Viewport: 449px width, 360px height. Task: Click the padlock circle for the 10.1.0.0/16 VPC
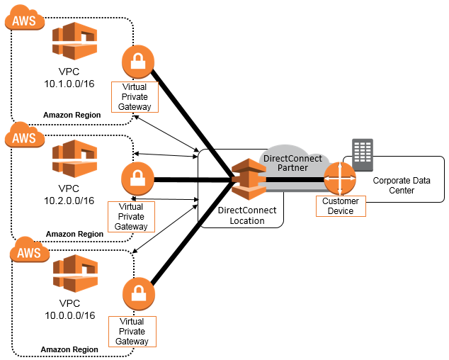click(138, 63)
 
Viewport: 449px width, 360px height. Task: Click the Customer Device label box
click(340, 206)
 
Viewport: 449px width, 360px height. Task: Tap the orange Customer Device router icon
click(340, 179)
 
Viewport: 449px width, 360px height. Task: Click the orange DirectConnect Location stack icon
click(247, 179)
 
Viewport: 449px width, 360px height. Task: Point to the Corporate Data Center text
click(401, 186)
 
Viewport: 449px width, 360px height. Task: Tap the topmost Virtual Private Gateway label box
click(135, 97)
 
